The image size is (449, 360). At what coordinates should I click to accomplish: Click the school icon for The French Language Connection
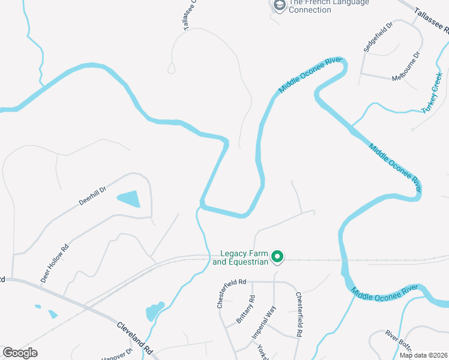(x=279, y=5)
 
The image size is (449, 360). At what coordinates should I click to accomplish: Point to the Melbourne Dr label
(x=406, y=67)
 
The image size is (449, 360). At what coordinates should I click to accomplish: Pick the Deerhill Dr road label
(x=92, y=196)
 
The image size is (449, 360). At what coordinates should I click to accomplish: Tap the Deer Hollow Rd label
(x=55, y=263)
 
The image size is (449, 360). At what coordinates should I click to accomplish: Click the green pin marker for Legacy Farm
(x=277, y=257)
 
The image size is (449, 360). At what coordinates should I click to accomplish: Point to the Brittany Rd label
(x=246, y=309)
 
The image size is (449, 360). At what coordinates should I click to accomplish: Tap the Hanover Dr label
(x=117, y=355)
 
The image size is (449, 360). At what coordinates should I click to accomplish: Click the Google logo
(x=20, y=353)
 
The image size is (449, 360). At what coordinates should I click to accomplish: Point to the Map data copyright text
(x=424, y=355)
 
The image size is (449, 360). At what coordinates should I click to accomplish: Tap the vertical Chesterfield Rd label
(x=298, y=314)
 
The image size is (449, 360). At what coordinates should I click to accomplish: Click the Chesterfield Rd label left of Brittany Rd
(x=232, y=293)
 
